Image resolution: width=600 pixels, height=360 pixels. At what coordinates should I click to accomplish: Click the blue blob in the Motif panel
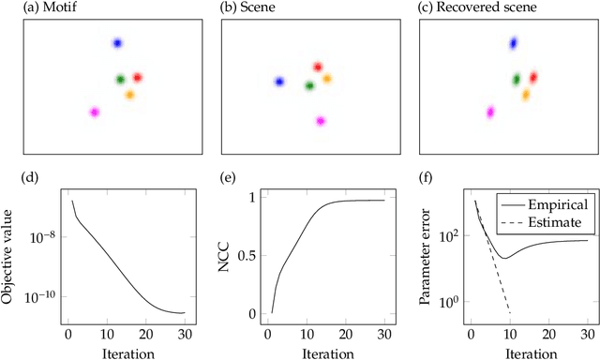click(117, 43)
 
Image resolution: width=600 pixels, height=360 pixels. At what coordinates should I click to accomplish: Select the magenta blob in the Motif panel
click(94, 112)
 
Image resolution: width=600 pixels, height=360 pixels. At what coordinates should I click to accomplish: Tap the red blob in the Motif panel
click(137, 78)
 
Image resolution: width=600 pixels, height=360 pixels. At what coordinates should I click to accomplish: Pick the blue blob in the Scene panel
click(278, 82)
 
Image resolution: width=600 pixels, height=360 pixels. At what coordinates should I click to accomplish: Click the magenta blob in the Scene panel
click(321, 121)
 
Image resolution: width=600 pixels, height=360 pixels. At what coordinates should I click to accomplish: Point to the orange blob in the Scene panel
click(327, 79)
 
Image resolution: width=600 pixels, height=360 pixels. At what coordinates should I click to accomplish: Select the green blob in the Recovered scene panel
click(516, 81)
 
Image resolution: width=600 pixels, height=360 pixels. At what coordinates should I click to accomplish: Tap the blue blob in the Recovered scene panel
click(513, 43)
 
